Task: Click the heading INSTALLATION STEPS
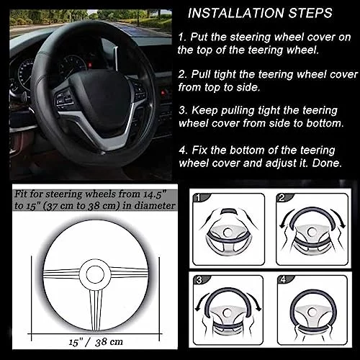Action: click(x=260, y=13)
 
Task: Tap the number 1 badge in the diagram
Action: click(x=198, y=198)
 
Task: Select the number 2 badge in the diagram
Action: click(x=282, y=198)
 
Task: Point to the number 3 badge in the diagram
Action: click(x=199, y=280)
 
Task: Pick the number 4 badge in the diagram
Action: click(x=284, y=279)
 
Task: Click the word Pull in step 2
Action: click(x=201, y=74)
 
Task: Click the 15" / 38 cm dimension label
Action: click(x=96, y=341)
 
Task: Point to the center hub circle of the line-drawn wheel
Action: click(x=95, y=275)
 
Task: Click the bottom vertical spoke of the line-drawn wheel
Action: click(x=96, y=310)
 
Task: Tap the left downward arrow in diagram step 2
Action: click(x=284, y=218)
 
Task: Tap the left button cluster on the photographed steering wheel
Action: click(x=64, y=99)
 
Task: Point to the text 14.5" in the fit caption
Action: click(x=155, y=194)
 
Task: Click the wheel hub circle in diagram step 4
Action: click(x=311, y=312)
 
